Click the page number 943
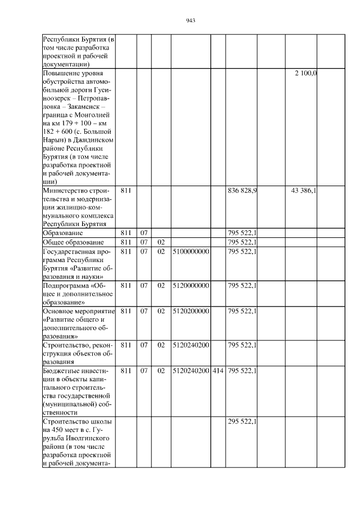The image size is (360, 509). tap(190, 21)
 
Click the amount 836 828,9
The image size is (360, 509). tap(242, 191)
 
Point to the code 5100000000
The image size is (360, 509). tap(191, 251)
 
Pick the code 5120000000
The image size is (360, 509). tap(191, 285)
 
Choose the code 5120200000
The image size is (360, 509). tap(191, 310)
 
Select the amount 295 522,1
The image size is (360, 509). tap(242, 421)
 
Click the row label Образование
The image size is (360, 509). tap(64, 232)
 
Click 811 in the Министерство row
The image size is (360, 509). tap(126, 191)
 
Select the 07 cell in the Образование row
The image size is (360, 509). tap(144, 232)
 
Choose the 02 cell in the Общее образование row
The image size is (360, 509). tap(161, 242)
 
